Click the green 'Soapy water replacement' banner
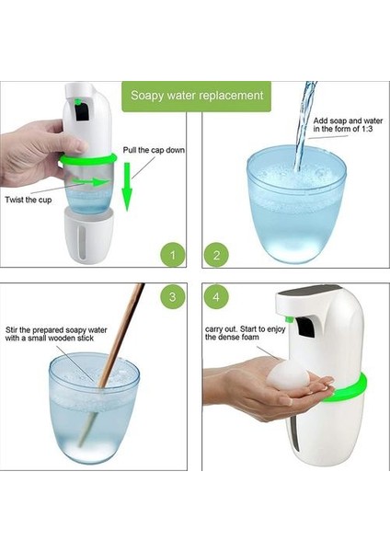[197, 97]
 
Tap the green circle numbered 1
[173, 255]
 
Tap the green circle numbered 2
[216, 255]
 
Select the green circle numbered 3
[173, 296]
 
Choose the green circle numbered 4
[216, 296]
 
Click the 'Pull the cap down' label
[154, 150]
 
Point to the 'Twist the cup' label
[29, 200]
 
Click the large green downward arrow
[127, 187]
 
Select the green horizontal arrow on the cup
[91, 181]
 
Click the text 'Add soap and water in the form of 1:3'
[348, 125]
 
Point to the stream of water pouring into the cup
[304, 127]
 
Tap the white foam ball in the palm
[288, 375]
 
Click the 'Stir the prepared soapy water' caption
[56, 330]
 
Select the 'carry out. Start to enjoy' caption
[245, 328]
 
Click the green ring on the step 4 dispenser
[347, 390]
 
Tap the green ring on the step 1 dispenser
[88, 159]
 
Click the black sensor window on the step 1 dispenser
[82, 112]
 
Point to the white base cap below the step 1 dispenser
[88, 235]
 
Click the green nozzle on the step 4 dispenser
[290, 319]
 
